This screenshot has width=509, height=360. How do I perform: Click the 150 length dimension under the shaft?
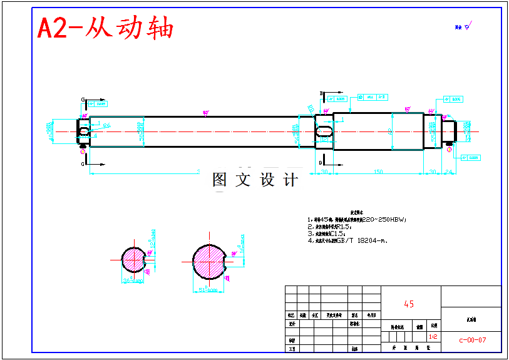(x=378, y=172)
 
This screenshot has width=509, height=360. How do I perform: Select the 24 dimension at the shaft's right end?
(x=448, y=172)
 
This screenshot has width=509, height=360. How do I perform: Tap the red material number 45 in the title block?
(x=409, y=304)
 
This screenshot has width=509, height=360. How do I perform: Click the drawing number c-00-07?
(x=472, y=340)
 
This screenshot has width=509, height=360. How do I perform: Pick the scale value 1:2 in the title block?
(x=433, y=337)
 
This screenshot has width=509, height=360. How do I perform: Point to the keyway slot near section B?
(x=325, y=131)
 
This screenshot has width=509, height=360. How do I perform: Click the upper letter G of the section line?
(x=83, y=100)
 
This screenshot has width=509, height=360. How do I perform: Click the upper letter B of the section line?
(x=322, y=94)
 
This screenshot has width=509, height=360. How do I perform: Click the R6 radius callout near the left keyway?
(x=106, y=125)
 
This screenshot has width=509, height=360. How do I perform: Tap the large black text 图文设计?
(x=255, y=180)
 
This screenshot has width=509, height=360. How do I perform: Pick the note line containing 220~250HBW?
(x=357, y=220)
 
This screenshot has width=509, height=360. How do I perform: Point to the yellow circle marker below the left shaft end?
(x=83, y=148)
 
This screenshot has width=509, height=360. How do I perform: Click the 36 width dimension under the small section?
(x=132, y=281)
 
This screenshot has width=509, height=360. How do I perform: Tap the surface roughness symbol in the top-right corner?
(x=467, y=26)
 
